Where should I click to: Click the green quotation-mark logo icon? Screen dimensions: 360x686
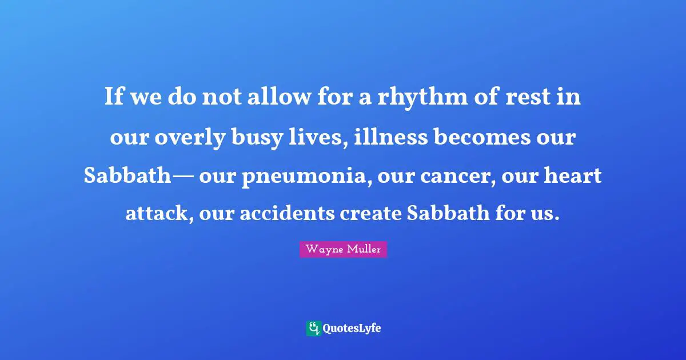[x=313, y=328]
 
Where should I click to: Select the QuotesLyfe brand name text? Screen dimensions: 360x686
[x=352, y=329]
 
